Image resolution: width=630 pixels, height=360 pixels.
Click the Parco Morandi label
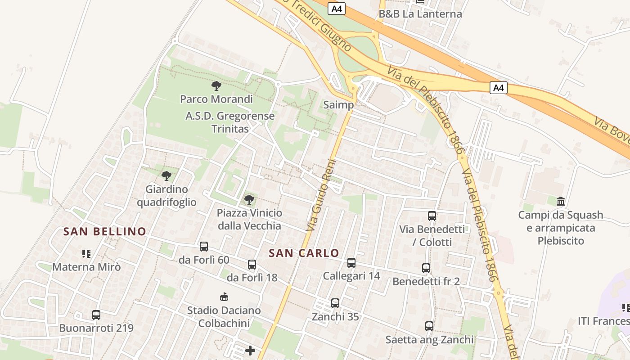tap(216, 99)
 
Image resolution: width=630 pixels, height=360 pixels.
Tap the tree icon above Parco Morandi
tap(216, 85)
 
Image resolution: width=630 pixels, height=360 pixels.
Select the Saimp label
tap(338, 105)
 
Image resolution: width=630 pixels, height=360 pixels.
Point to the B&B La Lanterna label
tap(420, 14)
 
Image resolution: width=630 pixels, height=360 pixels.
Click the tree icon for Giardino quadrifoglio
tap(166, 175)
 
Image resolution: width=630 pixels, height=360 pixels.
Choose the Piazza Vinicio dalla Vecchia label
tap(249, 219)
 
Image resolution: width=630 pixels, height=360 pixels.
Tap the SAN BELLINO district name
tap(105, 232)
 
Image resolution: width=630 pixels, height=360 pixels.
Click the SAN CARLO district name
tap(304, 253)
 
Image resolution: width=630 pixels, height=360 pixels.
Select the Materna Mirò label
tap(86, 267)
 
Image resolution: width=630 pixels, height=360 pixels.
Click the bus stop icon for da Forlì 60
tap(204, 247)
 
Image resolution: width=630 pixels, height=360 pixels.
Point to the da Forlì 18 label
tap(252, 278)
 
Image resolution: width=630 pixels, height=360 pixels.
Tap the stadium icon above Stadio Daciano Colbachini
tap(224, 297)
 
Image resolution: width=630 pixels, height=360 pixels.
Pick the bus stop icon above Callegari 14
tap(351, 263)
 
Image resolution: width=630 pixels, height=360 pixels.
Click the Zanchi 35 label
tap(335, 317)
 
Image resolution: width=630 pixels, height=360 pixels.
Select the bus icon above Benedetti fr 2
tap(426, 268)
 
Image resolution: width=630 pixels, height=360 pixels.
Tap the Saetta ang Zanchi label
tap(429, 340)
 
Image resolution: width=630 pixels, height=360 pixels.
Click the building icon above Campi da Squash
tap(561, 201)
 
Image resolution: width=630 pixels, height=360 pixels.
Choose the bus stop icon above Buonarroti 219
tap(96, 315)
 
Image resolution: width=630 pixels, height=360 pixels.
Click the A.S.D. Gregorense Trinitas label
tap(230, 122)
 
